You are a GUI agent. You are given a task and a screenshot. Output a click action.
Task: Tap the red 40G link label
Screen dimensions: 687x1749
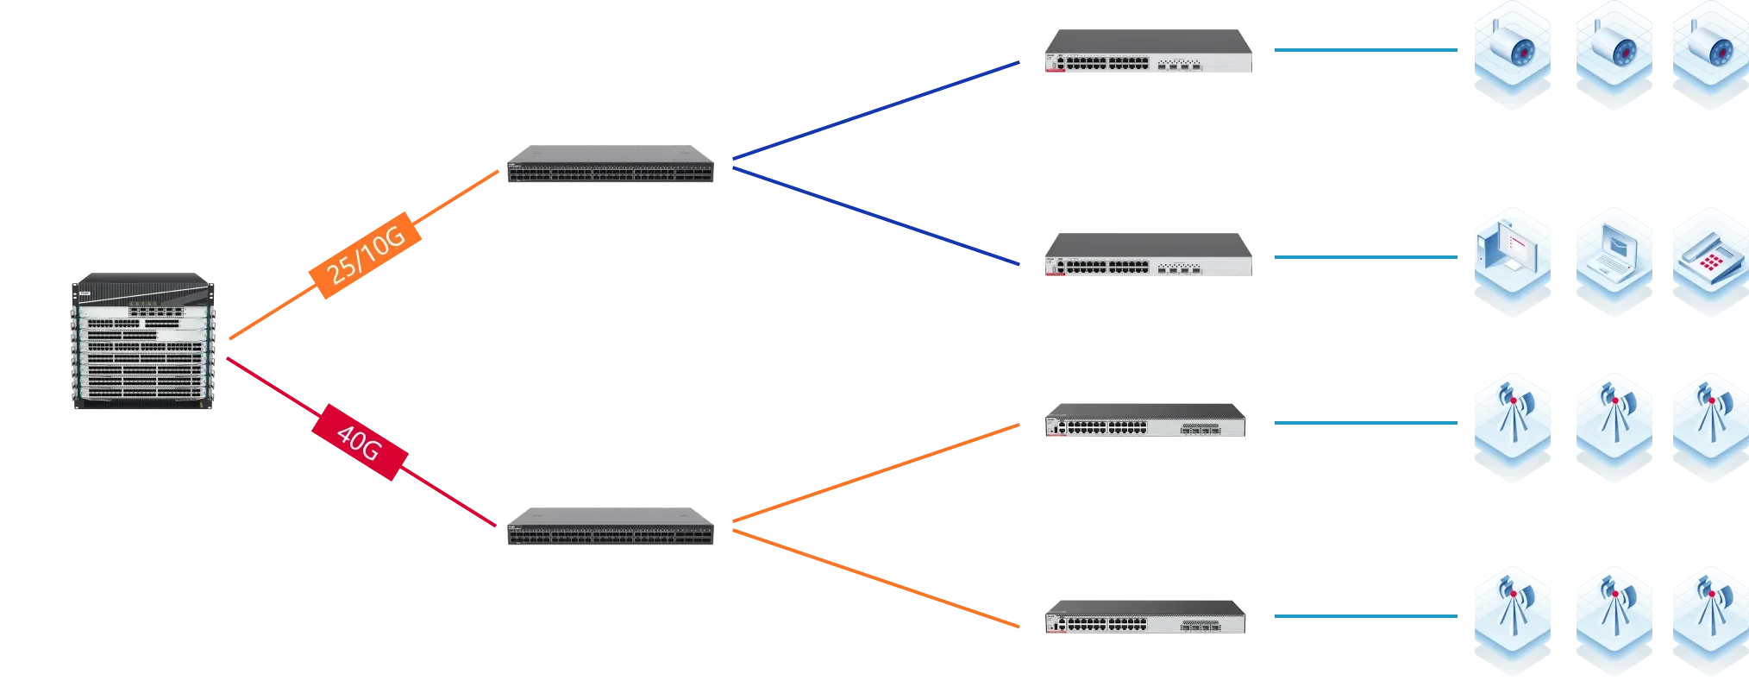(360, 441)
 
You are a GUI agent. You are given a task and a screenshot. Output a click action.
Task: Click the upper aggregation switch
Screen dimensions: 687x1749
(611, 166)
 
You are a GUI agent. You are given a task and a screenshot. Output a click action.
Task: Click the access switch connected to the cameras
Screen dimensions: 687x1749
(1148, 54)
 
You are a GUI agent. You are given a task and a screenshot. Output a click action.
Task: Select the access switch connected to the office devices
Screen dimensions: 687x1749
(1148, 254)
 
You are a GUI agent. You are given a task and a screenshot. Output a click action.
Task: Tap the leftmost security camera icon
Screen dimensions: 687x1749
(1511, 56)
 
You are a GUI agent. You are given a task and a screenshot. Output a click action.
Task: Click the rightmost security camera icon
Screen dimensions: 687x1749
(1710, 56)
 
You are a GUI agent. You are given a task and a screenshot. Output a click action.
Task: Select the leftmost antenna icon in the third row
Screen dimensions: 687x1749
(1511, 425)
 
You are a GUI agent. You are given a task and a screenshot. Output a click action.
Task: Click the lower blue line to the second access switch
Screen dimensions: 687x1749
(875, 216)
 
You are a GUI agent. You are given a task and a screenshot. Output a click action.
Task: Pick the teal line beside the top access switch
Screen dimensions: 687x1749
(1365, 51)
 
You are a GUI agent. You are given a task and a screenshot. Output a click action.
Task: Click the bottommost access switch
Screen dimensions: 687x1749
(1144, 616)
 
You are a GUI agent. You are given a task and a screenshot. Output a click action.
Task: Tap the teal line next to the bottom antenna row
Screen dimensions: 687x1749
(1365, 617)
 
